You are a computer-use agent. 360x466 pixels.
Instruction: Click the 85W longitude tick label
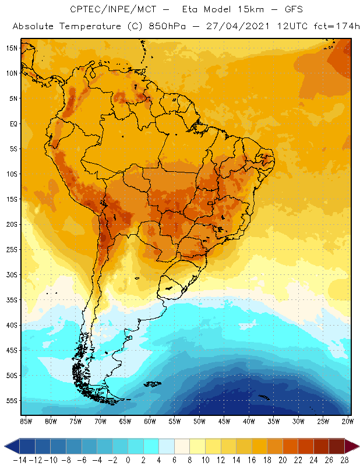(x=26, y=421)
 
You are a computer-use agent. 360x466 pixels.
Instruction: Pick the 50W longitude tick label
(x=200, y=421)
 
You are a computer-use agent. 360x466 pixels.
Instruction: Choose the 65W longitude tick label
(x=125, y=421)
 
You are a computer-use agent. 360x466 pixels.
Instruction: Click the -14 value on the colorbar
(x=19, y=460)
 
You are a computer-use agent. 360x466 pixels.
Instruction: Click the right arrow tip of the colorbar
(x=357, y=447)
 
